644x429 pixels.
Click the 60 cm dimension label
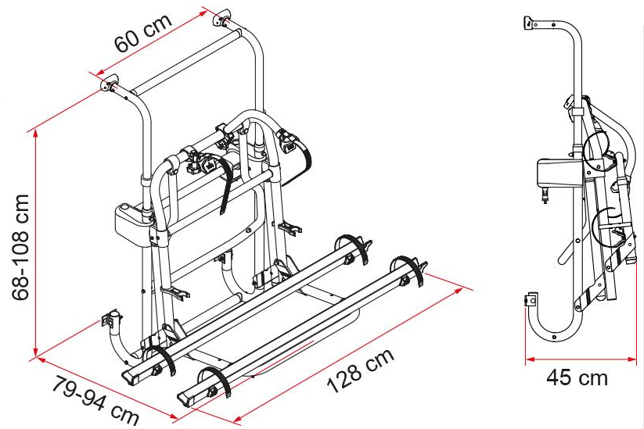142,33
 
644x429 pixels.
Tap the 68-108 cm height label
20,247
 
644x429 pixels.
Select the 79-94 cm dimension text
95,400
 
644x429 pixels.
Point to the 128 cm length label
360,370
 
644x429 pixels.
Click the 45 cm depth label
577,377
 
